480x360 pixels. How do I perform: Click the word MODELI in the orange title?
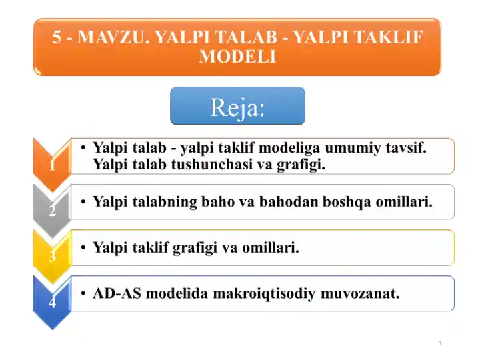(237, 56)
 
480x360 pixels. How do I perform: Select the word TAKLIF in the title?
(389, 37)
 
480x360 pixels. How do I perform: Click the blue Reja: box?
(237, 105)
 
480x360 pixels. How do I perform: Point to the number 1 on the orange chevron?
(53, 165)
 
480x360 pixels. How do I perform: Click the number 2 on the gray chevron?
(53, 210)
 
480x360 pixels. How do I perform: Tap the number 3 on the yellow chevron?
(53, 255)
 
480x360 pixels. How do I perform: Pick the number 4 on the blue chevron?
(53, 302)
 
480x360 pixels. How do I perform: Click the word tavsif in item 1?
(406, 147)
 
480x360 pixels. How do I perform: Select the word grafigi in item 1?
(301, 165)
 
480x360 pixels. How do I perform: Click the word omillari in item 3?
(270, 247)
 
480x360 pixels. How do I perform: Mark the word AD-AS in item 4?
(117, 293)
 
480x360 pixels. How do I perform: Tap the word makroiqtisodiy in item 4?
(264, 294)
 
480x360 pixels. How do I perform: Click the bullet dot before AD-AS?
(83, 293)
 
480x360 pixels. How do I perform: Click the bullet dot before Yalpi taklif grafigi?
(83, 247)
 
